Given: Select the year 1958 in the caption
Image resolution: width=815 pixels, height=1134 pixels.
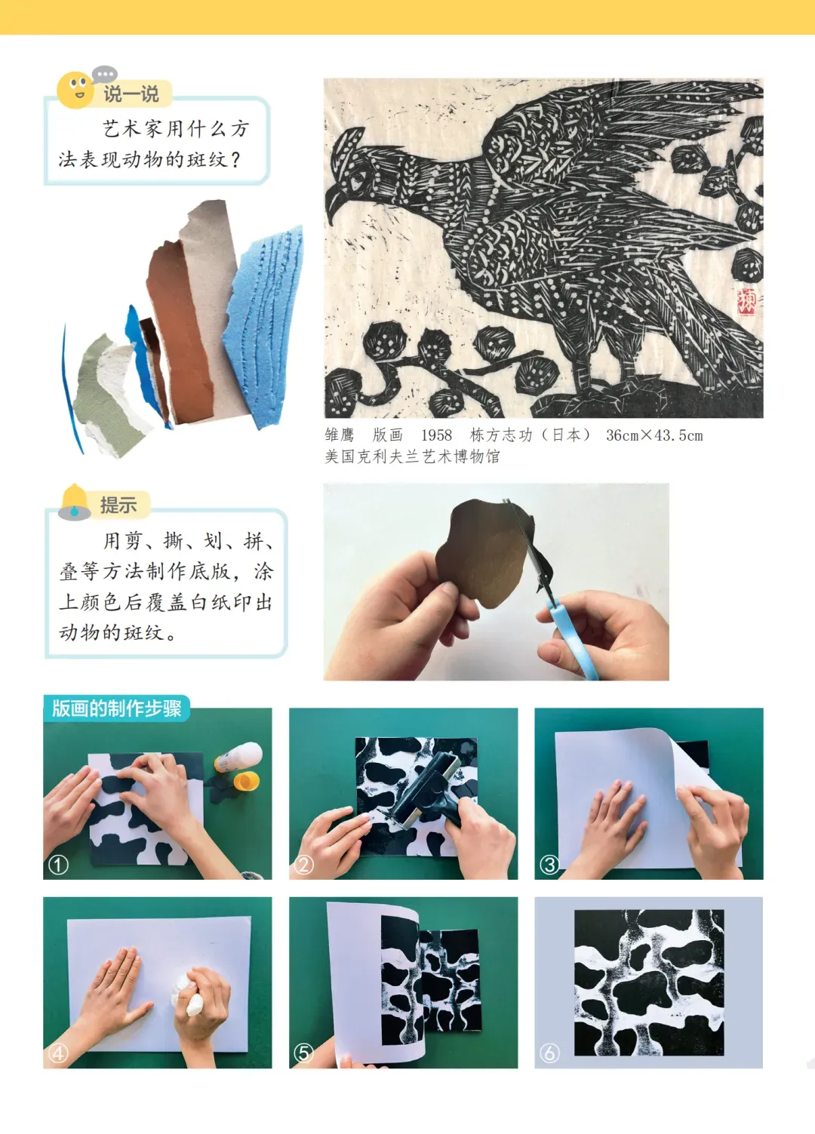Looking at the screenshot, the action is coord(436,435).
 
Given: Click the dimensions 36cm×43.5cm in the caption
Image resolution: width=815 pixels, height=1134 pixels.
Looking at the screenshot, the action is coord(654,435).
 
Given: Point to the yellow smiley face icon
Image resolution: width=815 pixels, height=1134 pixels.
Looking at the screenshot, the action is coord(75,90).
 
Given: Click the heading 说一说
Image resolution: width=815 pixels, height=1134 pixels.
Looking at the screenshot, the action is coord(131,94).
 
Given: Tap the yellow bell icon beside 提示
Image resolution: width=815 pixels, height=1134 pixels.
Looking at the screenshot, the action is coord(75,502).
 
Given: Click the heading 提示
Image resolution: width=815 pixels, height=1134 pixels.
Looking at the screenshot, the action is coord(118,506).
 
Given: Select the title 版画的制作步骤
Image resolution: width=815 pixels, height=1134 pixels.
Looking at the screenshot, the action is coord(116,708).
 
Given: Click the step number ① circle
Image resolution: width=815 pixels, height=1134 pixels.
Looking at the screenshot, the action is coord(58,865).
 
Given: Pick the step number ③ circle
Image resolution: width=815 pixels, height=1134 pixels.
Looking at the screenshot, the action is coord(549,865).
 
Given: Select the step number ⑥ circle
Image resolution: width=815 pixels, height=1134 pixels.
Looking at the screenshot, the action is coord(549,1053).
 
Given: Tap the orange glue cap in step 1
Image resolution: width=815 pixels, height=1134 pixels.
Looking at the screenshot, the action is coord(247,780).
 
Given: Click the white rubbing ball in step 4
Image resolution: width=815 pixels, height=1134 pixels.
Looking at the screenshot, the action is coord(190,992).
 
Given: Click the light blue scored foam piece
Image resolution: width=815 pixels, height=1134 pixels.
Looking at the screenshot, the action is coord(263,324).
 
